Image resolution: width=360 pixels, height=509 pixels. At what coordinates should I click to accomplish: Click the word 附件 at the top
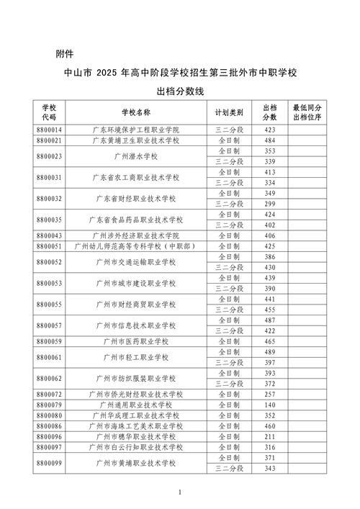pos(65,53)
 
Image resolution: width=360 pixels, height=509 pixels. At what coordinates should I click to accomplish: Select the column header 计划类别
pos(229,112)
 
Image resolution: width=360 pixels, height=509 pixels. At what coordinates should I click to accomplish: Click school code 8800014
pos(48,129)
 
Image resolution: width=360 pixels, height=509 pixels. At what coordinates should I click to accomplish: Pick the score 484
pos(270,140)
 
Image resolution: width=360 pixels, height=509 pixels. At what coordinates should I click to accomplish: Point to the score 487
pos(270,320)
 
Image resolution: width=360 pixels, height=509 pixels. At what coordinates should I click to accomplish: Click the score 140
pos(270,405)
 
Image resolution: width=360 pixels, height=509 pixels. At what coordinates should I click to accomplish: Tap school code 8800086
pos(48,426)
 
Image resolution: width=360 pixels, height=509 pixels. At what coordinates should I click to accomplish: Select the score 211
pos(270,437)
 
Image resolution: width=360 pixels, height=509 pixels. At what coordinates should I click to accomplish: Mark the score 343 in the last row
pos(270,469)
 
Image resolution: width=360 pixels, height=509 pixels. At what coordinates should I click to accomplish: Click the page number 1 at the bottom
pos(180,492)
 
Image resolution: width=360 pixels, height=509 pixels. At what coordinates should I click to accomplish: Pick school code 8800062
pos(48,379)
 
